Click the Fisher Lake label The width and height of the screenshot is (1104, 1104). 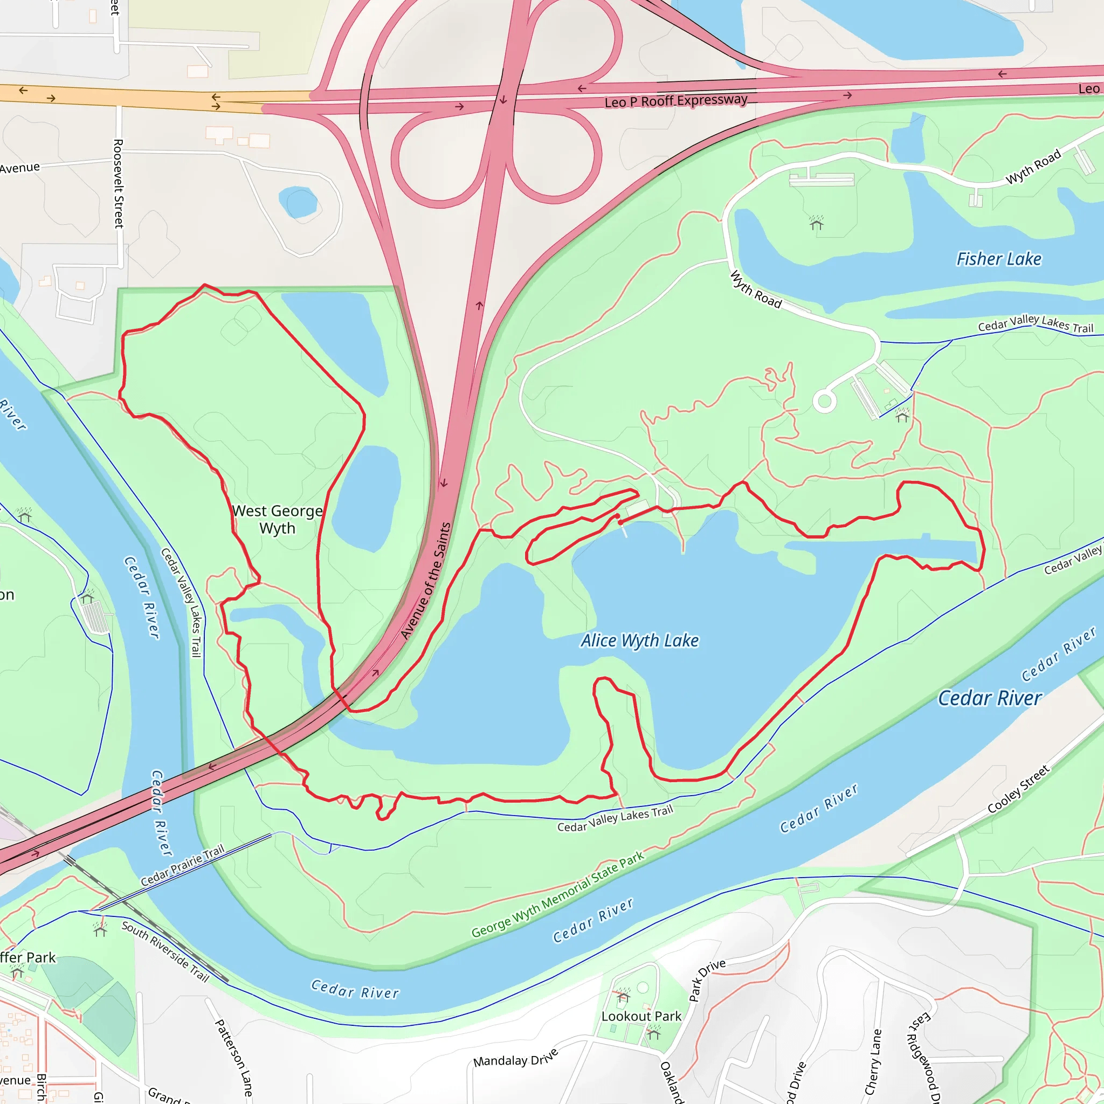(x=999, y=259)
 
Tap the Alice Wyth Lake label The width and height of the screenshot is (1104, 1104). (x=639, y=640)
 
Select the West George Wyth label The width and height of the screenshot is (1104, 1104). (x=278, y=519)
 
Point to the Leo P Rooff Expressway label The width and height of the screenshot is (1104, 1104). (x=676, y=101)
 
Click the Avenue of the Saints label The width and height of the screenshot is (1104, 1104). (x=426, y=581)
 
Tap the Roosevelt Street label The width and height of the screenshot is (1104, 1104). (x=119, y=183)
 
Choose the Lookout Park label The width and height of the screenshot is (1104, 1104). (x=641, y=1016)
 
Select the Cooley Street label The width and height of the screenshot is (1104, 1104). (x=1018, y=789)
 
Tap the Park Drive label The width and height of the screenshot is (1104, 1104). (x=707, y=980)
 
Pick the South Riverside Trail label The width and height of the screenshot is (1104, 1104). (x=165, y=951)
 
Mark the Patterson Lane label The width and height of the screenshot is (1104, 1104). (x=233, y=1057)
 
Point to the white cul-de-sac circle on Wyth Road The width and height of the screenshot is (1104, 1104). (x=824, y=401)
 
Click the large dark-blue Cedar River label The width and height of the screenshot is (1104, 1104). (x=990, y=698)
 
